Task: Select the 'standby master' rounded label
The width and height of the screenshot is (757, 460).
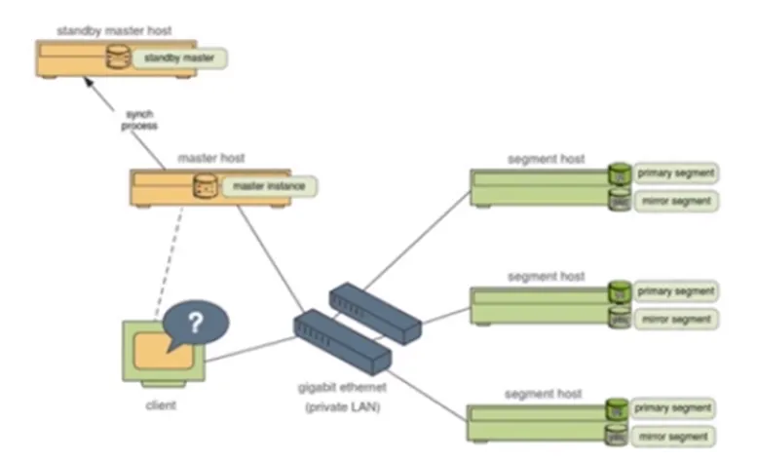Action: click(178, 58)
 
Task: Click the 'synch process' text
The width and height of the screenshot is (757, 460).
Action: click(138, 120)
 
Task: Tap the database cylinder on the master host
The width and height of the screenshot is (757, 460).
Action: click(205, 184)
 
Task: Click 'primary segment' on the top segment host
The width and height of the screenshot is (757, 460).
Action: click(676, 173)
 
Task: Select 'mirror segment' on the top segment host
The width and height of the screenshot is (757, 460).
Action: click(676, 201)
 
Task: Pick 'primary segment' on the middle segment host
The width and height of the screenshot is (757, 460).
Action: click(676, 291)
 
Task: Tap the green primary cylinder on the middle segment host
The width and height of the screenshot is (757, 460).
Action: click(617, 290)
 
